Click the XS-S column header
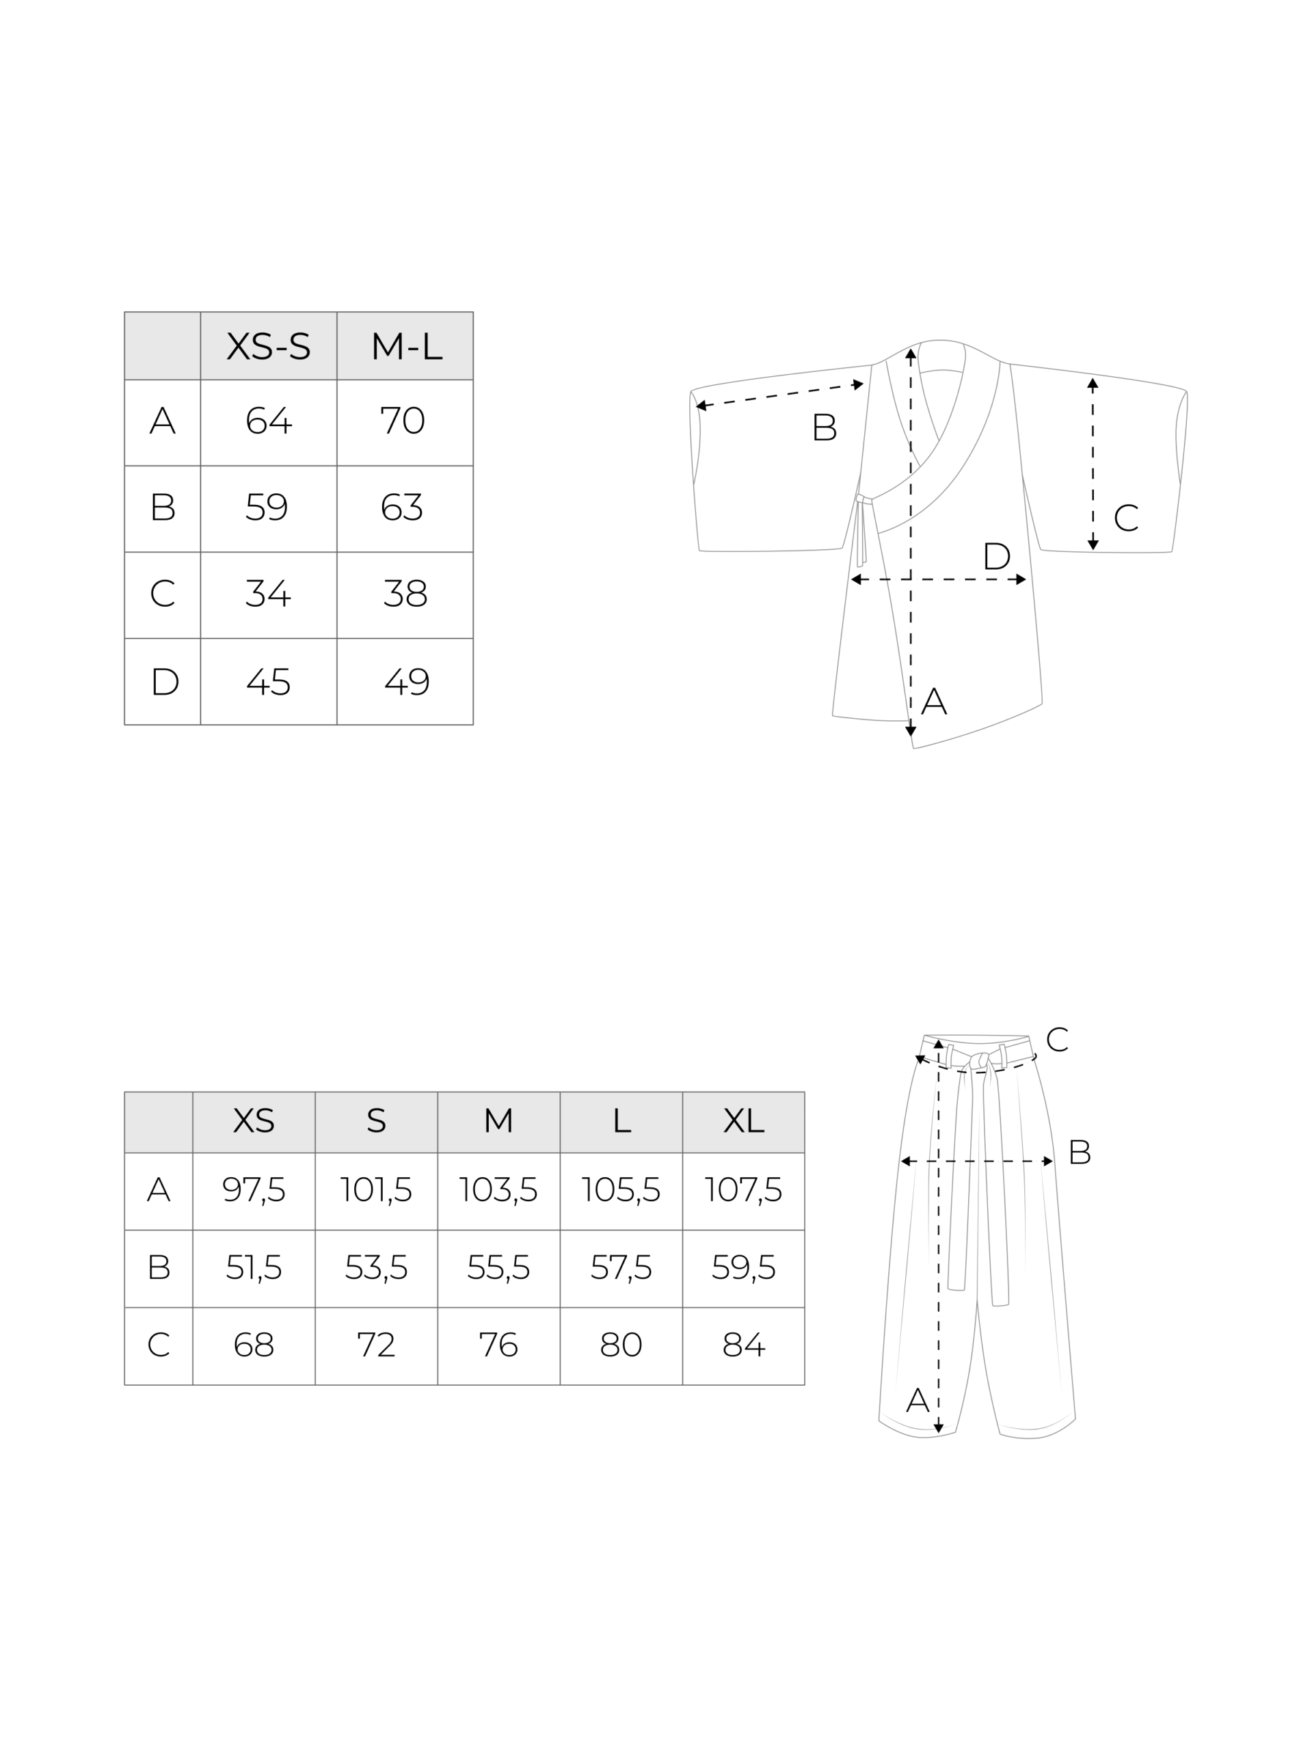tap(268, 346)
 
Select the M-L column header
tap(405, 346)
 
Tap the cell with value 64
tap(268, 422)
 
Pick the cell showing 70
tap(405, 422)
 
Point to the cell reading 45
tap(268, 681)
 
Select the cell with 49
tap(405, 681)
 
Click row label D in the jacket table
tap(164, 681)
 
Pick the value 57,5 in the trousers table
tap(621, 1268)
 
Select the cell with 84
tap(743, 1345)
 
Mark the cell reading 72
tap(376, 1345)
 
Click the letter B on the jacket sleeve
tap(825, 427)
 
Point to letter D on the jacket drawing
tap(996, 557)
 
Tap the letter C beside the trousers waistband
tap(1057, 1040)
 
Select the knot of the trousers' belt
tap(981, 1060)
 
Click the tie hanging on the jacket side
tap(861, 530)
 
